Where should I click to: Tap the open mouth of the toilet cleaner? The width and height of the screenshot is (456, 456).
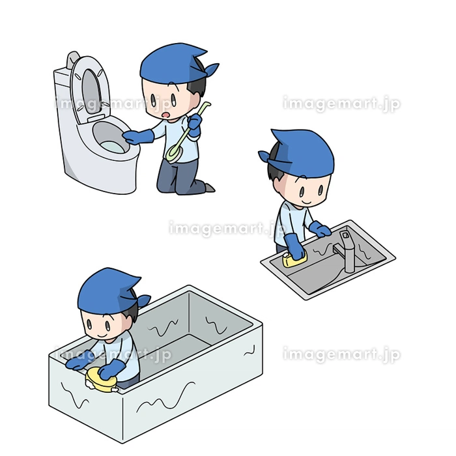point(166,115)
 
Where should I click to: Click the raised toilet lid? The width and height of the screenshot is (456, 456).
point(91,89)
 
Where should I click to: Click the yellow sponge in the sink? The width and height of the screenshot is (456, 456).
point(294,259)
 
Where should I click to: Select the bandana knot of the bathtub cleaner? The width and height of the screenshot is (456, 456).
point(143,300)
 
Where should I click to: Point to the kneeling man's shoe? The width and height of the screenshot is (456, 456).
point(209,188)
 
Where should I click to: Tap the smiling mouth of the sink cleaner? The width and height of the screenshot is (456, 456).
point(306,201)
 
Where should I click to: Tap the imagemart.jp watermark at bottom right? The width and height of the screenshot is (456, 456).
point(341,354)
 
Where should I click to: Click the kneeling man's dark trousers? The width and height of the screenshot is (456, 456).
point(180,177)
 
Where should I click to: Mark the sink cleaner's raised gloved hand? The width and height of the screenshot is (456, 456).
point(320,229)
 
